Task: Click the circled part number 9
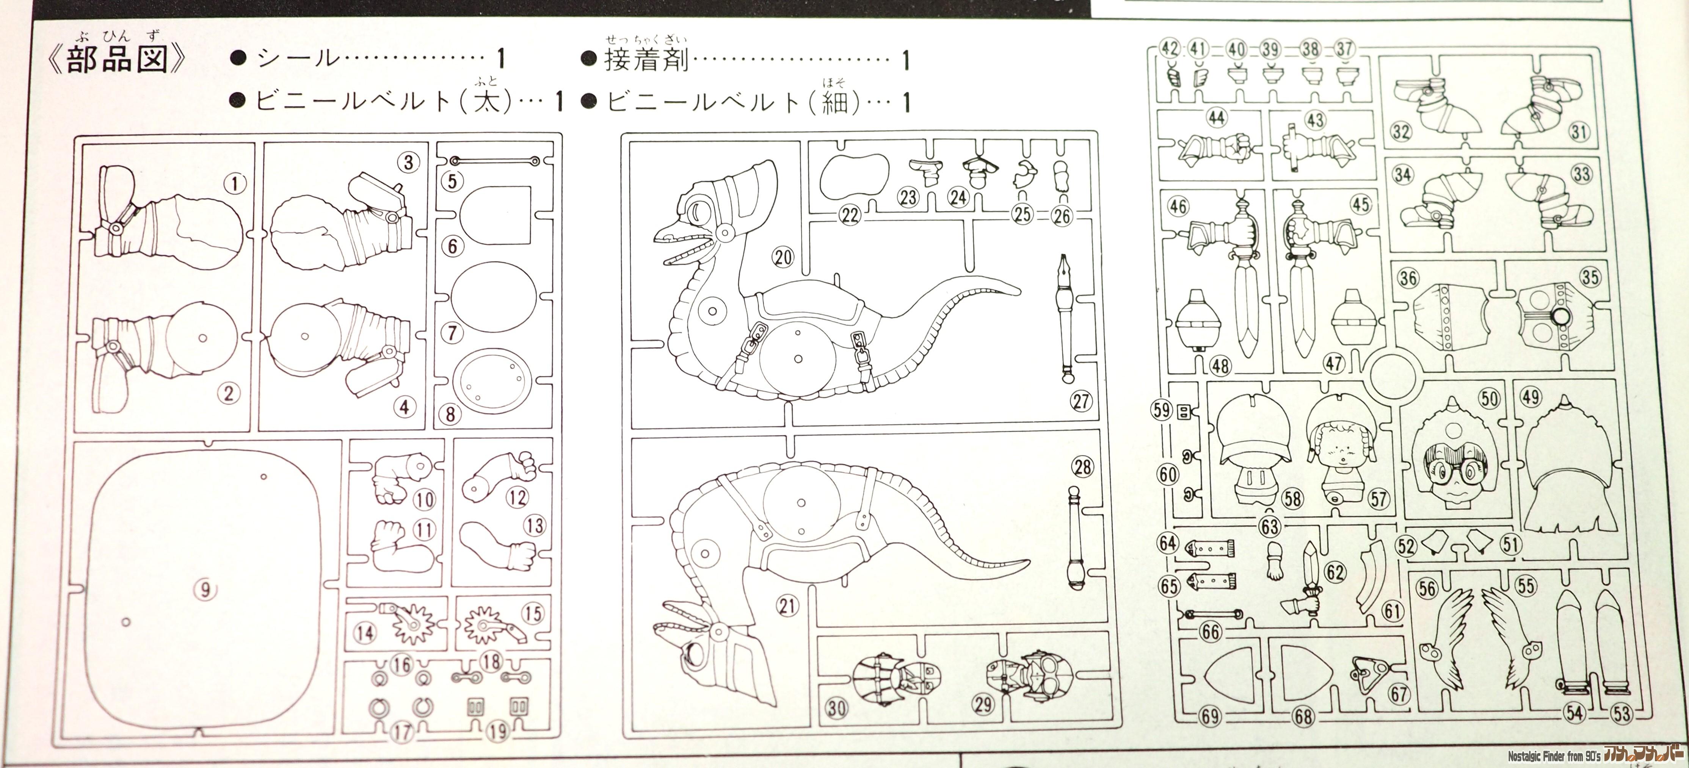[x=205, y=590]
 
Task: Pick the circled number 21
[x=787, y=606]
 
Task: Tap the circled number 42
[x=1170, y=48]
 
